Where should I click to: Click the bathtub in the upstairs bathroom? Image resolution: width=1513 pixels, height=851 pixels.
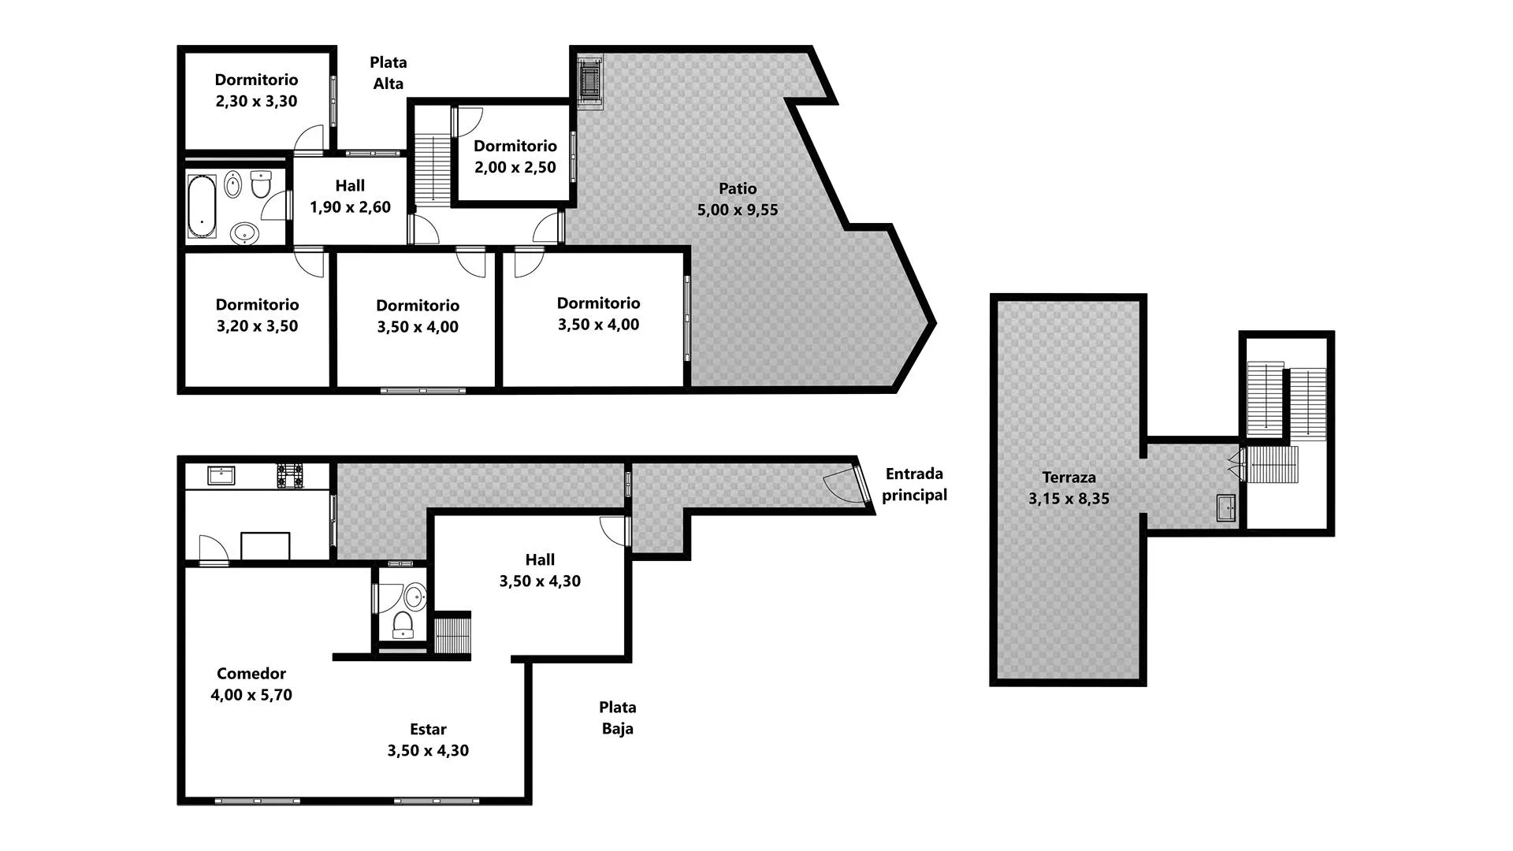202,206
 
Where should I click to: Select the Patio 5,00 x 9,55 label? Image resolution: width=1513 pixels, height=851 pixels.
738,199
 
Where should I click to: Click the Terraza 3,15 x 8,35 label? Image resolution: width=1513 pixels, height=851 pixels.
1069,488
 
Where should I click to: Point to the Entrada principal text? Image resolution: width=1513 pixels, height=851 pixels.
914,485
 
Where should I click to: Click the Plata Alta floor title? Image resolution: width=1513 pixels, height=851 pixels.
388,72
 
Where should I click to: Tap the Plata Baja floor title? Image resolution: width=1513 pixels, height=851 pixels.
618,718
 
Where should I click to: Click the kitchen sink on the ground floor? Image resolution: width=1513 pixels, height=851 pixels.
221,475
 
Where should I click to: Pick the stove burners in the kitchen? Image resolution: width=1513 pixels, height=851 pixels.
290,476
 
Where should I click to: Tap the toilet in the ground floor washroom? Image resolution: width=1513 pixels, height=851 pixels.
403,625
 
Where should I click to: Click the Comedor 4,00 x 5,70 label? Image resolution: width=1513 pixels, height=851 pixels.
251,684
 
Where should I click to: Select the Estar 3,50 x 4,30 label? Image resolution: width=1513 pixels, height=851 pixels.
428,740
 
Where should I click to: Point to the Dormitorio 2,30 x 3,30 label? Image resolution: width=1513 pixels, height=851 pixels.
257,91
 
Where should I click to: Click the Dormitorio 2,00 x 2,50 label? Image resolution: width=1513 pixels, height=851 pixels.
515,157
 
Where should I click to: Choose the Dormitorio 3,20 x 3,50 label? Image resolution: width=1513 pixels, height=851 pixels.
258,315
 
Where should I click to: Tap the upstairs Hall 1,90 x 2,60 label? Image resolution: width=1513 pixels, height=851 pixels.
350,196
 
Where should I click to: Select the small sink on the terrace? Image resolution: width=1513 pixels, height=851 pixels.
1226,508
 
